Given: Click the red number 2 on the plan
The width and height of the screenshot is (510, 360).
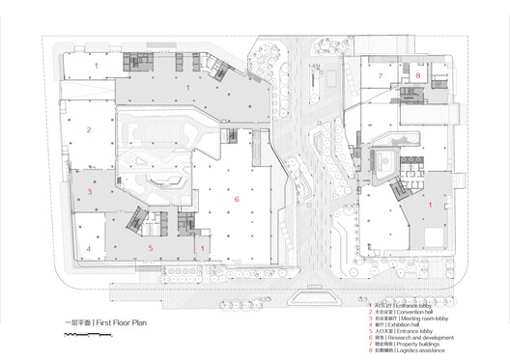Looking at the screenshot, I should point(88,129).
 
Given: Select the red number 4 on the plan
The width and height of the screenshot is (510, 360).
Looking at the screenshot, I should point(88,248).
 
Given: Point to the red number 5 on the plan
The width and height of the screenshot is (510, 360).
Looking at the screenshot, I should point(150,248).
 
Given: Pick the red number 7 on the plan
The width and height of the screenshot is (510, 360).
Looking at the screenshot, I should point(381,74).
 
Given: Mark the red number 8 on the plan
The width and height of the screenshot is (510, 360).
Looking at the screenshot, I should point(418,74).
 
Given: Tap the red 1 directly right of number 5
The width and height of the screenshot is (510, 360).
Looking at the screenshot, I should point(203,248).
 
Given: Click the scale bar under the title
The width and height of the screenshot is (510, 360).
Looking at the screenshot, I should point(86,333).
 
